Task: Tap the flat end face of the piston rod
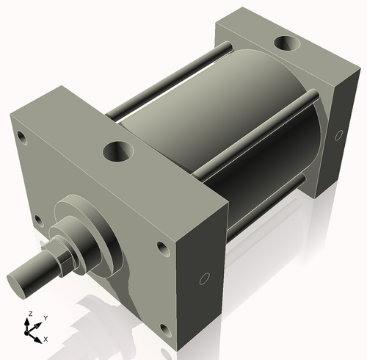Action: pos(20,279)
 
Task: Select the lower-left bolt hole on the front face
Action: pos(34,217)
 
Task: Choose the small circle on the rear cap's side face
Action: pos(338,135)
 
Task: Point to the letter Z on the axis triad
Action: pos(29,314)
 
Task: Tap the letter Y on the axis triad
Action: pos(45,317)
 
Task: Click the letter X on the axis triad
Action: pos(46,339)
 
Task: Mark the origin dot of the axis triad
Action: pos(31,333)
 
